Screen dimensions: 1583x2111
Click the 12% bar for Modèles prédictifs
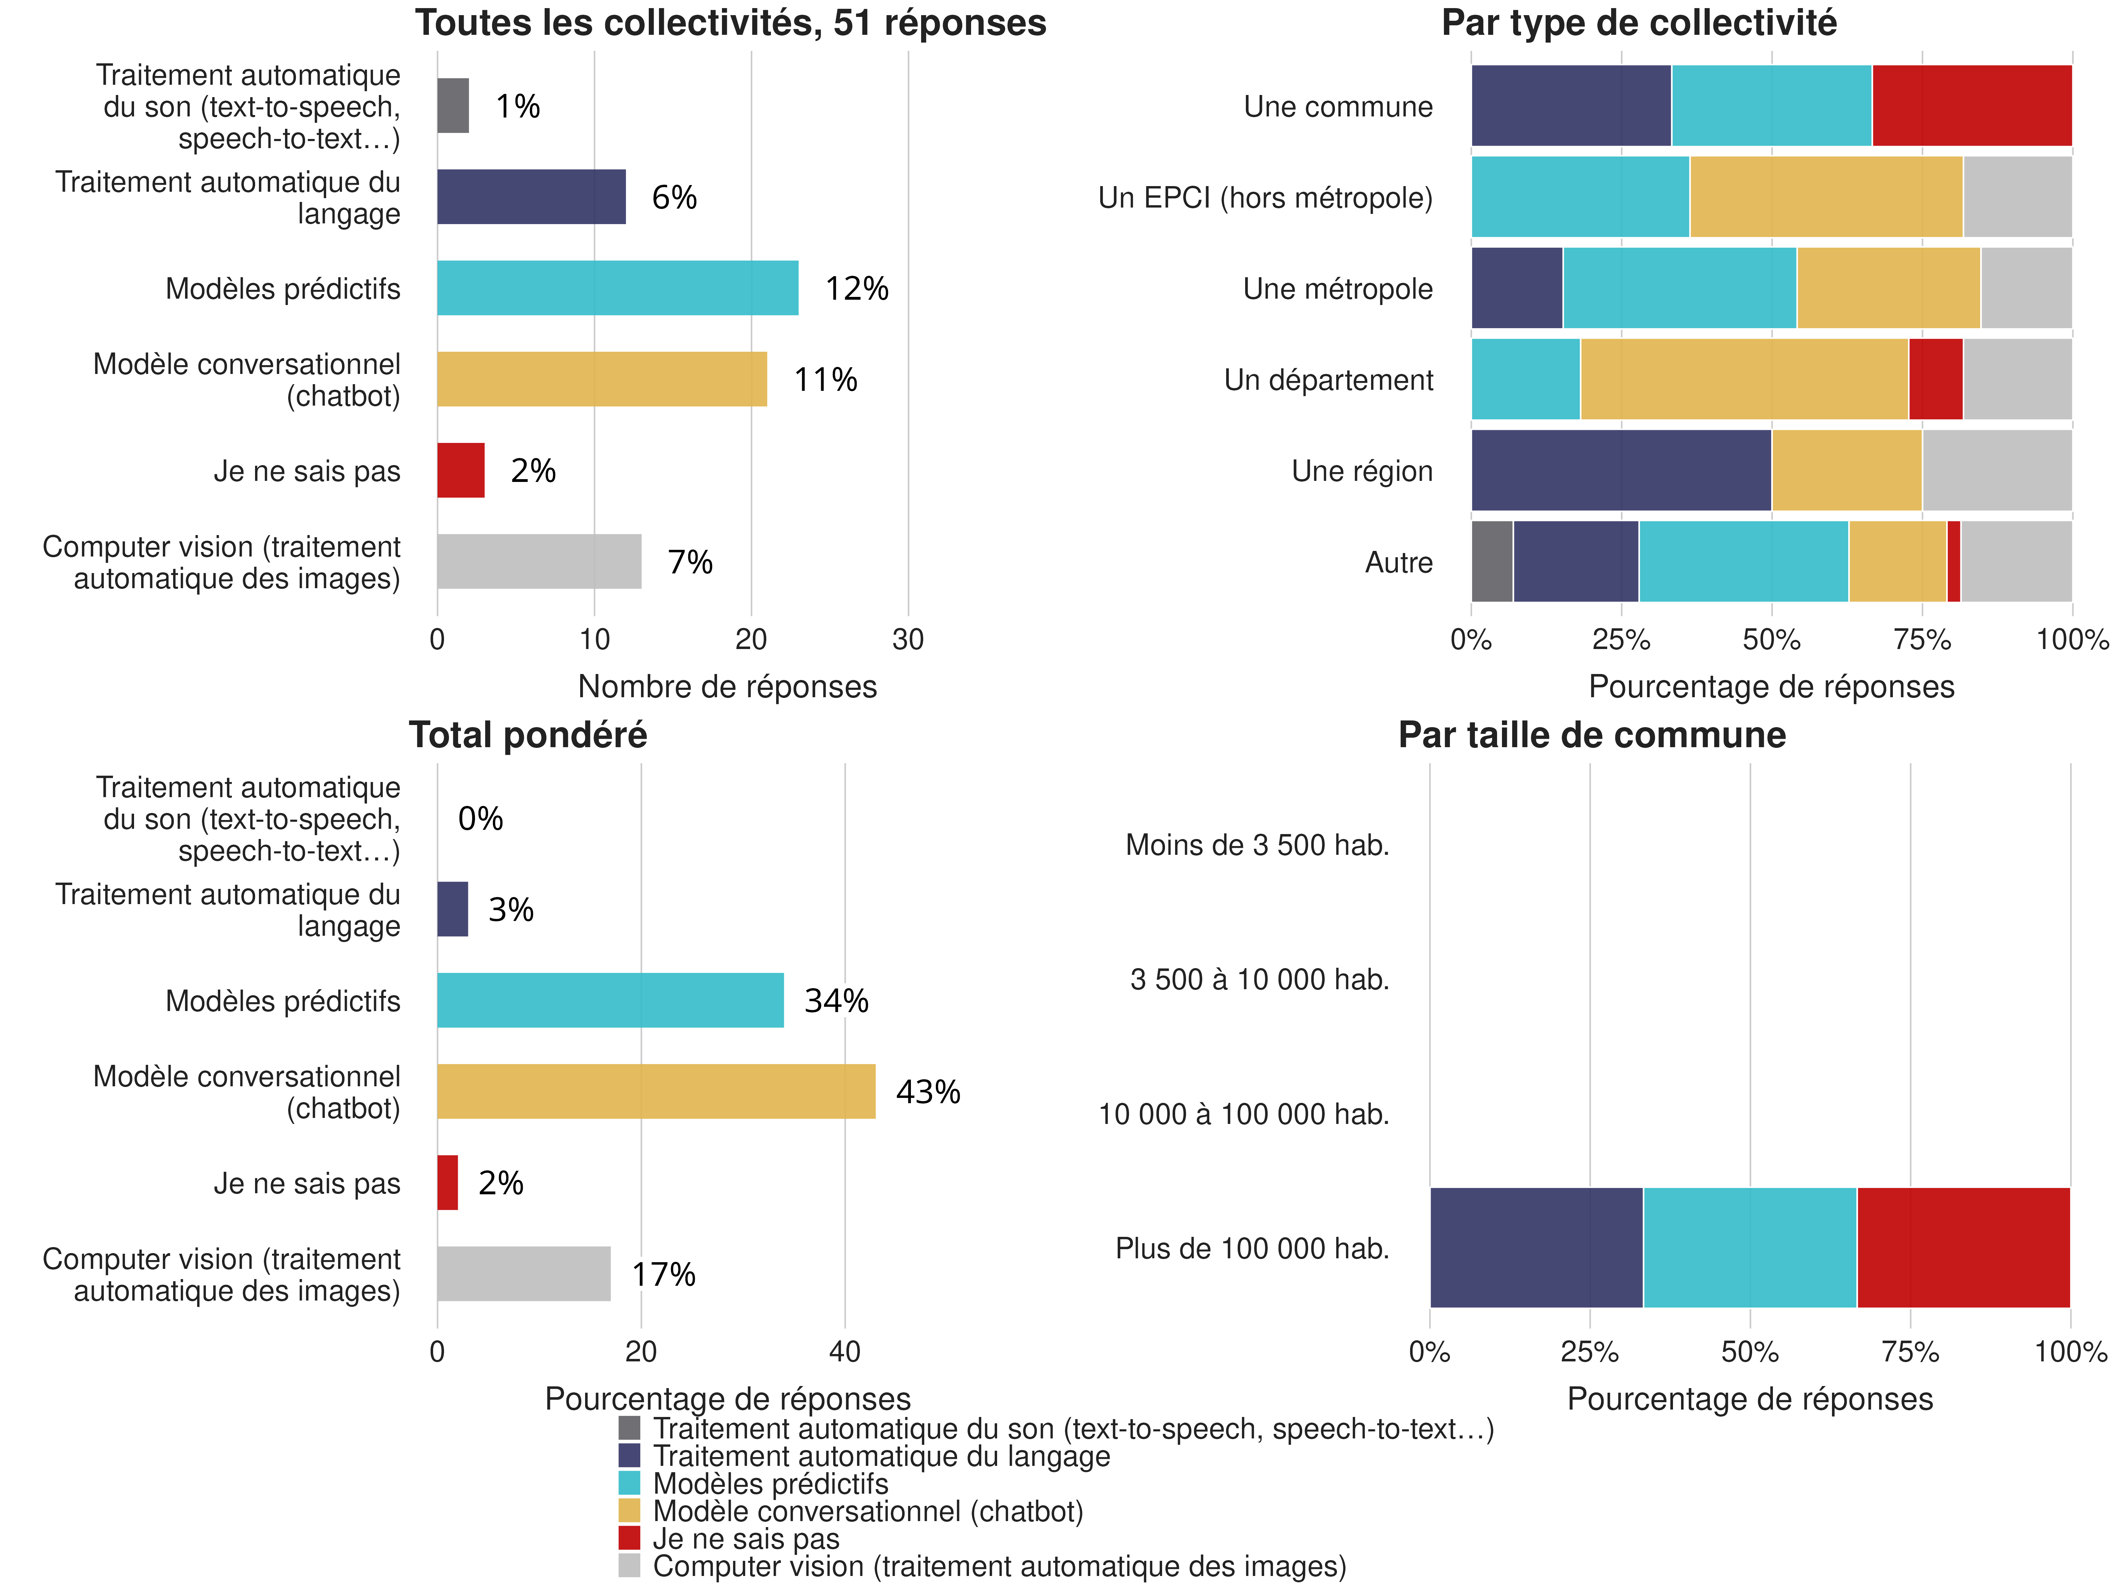point(617,288)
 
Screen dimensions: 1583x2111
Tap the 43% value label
point(928,1092)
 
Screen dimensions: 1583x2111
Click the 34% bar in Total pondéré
point(611,1000)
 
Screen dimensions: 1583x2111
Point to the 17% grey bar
point(524,1274)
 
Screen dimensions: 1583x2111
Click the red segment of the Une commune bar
point(1972,106)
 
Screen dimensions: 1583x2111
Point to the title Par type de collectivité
point(1638,23)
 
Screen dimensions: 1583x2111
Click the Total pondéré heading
point(528,735)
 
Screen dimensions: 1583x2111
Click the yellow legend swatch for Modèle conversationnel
point(629,1511)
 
